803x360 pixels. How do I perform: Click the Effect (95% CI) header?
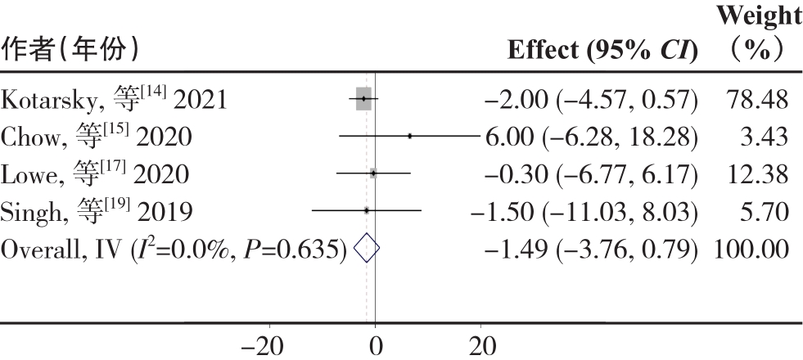coord(602,52)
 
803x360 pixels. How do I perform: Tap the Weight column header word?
coord(756,16)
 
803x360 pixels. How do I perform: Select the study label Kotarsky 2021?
coord(115,100)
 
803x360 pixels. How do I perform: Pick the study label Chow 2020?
coord(97,137)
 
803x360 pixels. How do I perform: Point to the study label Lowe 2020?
coord(95,174)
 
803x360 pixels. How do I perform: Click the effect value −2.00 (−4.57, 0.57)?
coord(591,100)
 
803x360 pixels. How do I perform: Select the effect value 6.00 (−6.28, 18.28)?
coord(591,137)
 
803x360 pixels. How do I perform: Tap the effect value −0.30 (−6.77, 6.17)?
coord(591,174)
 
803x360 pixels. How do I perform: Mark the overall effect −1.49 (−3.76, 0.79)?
coord(591,248)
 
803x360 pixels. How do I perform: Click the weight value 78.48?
coord(757,100)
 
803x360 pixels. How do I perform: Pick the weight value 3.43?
coord(768,137)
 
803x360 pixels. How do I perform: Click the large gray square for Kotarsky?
coord(363,99)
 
